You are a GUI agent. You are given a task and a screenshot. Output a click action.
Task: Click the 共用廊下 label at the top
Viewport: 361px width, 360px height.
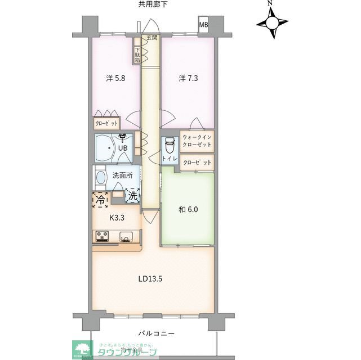[x=153, y=4]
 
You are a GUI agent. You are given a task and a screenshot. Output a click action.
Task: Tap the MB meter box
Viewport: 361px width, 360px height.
[x=203, y=25]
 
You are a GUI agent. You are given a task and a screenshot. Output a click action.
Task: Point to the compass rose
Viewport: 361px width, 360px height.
[x=273, y=23]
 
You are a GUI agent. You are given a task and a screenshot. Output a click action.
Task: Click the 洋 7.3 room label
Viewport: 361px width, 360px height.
[x=189, y=78]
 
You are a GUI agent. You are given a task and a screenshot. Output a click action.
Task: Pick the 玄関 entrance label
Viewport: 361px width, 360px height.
[x=151, y=38]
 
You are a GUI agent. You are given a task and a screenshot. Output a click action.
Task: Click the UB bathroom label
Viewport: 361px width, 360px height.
[x=122, y=148]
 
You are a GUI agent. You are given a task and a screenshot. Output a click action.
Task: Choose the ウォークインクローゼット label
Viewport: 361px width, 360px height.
[x=197, y=141]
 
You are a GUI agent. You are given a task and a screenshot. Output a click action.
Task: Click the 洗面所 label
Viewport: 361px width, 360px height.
[x=122, y=175]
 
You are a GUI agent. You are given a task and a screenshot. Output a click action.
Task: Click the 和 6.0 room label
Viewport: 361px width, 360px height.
[x=189, y=210]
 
